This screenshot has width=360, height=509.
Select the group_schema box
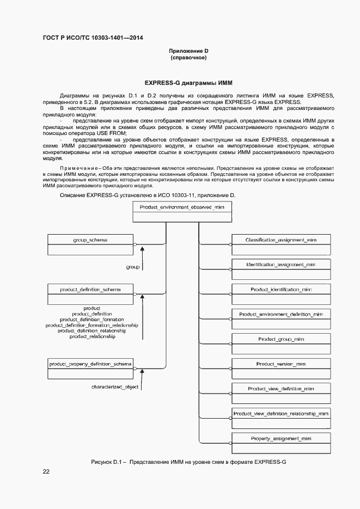tap(90, 244)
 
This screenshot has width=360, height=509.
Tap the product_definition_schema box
tap(90, 294)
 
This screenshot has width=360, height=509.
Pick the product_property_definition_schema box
tap(90, 368)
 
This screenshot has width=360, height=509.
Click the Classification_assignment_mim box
tap(280, 244)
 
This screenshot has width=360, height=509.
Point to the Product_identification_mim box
tap(280, 294)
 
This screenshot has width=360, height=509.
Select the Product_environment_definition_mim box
tap(280, 319)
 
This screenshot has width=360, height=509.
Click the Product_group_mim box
tap(280, 344)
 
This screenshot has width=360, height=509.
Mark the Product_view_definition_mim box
tap(280, 393)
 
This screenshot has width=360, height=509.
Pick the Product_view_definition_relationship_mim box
tap(280, 418)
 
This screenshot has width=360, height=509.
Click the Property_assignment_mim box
tap(280, 443)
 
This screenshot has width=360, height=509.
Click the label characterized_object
tap(114, 387)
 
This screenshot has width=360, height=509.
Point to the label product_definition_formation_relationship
tap(91, 326)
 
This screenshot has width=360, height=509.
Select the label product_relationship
tap(92, 337)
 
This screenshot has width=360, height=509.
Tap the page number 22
tap(46, 471)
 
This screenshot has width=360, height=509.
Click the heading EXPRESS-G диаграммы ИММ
tap(188, 83)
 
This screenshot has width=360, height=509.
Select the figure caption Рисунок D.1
tap(188, 462)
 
